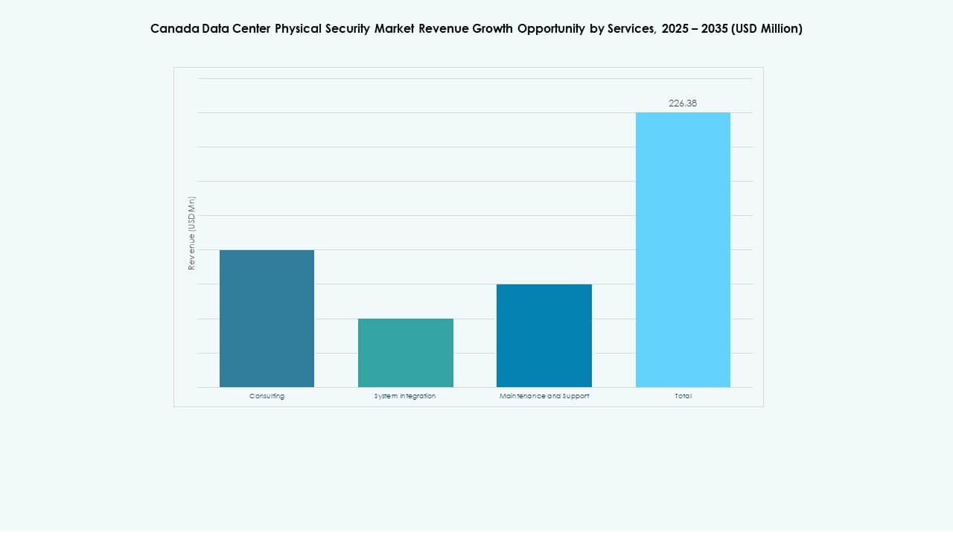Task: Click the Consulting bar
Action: tap(267, 319)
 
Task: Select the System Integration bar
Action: tap(405, 353)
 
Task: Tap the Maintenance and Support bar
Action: tap(544, 336)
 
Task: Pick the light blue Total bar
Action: tap(683, 249)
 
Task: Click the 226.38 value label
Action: tap(683, 103)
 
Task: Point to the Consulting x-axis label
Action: tap(267, 396)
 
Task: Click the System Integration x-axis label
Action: tap(405, 396)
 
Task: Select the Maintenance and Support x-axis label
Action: tap(544, 396)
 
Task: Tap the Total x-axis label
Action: tap(683, 396)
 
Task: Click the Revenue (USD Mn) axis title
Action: tap(191, 233)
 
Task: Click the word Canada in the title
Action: tap(174, 28)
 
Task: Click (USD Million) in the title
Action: tap(768, 28)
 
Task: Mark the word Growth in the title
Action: tap(493, 28)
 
